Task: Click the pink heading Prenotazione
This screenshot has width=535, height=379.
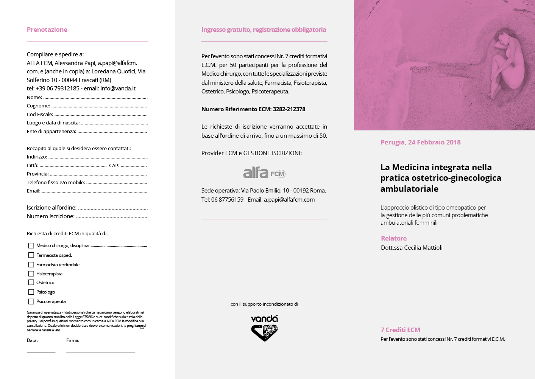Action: coord(47,30)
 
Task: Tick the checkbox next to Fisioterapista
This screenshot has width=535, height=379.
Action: coord(31,273)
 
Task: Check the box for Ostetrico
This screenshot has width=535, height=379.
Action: coord(31,282)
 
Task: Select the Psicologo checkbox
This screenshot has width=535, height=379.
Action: coord(31,292)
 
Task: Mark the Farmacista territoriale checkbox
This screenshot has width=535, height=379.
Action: coord(31,264)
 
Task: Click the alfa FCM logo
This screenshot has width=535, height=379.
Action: coord(264,173)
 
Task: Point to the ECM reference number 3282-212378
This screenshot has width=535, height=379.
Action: coord(289,109)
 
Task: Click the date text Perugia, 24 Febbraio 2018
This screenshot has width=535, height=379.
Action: coord(420,142)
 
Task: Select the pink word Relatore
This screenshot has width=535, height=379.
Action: coord(394,238)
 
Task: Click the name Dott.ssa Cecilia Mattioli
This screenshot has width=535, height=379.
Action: coord(412,248)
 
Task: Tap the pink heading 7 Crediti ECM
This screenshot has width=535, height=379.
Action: coord(400,330)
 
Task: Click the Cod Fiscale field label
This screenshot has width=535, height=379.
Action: coord(39,115)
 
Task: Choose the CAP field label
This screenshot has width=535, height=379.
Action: coord(114,166)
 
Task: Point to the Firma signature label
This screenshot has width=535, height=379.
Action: coord(73,340)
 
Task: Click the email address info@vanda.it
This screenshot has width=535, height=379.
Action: coord(118,89)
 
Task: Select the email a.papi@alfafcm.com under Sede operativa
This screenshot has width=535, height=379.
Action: coord(289,200)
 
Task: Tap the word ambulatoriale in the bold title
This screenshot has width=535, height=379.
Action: coord(409,189)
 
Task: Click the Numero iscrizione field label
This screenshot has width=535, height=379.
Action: coord(50,216)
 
